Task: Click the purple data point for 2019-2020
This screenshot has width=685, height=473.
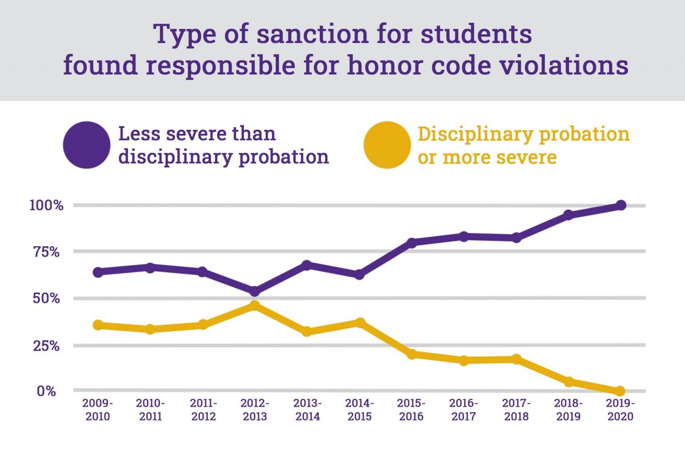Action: pos(620,205)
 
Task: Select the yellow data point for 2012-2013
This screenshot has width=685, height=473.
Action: pos(255,306)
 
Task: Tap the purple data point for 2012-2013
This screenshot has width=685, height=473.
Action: pos(255,291)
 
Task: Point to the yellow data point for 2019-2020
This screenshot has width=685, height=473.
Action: pos(620,391)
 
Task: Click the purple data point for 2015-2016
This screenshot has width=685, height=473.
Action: pos(412,243)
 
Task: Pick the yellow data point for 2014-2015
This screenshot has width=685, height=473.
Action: pos(360,322)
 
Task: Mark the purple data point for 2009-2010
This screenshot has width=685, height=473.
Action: pos(98,272)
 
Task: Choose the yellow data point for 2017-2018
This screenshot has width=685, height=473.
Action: pos(516,359)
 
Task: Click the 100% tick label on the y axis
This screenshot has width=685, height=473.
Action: pos(46,206)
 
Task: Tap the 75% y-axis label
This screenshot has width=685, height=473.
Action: pos(46,252)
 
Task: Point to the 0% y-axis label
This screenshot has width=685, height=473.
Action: pos(46,391)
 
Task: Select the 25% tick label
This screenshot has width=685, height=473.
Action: pos(46,345)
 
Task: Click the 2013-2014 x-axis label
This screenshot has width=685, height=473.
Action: pos(307,410)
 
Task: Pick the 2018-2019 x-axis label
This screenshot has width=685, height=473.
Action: pos(568,410)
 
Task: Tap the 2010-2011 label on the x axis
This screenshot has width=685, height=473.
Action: pos(150,410)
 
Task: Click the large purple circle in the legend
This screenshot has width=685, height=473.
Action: pos(87,145)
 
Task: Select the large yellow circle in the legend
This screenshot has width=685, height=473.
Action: pos(387,145)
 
